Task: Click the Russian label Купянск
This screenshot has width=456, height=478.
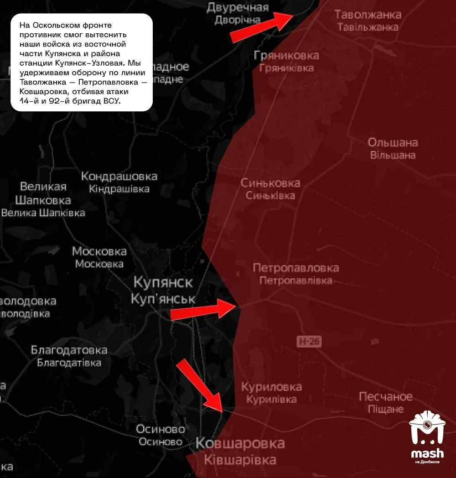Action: (x=163, y=282)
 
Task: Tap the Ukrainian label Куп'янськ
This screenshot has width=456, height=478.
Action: (x=163, y=299)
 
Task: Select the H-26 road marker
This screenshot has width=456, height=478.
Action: (x=308, y=341)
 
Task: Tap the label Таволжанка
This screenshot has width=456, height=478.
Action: (x=368, y=14)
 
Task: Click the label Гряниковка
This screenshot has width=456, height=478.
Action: (x=286, y=56)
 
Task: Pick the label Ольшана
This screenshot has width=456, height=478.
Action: (x=393, y=142)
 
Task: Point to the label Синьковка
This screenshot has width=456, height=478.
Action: (x=270, y=183)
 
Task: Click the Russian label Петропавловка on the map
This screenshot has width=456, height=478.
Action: (x=296, y=268)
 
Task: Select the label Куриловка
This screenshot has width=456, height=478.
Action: (x=271, y=387)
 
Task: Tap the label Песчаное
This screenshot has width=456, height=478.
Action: (x=386, y=396)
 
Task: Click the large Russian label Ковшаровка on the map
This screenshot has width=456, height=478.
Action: (x=240, y=443)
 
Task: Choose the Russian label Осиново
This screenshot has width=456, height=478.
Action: (x=161, y=429)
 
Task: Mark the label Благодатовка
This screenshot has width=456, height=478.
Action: (x=69, y=350)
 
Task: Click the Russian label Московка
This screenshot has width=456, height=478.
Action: (x=99, y=251)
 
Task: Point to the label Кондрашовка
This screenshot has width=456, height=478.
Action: (x=119, y=177)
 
